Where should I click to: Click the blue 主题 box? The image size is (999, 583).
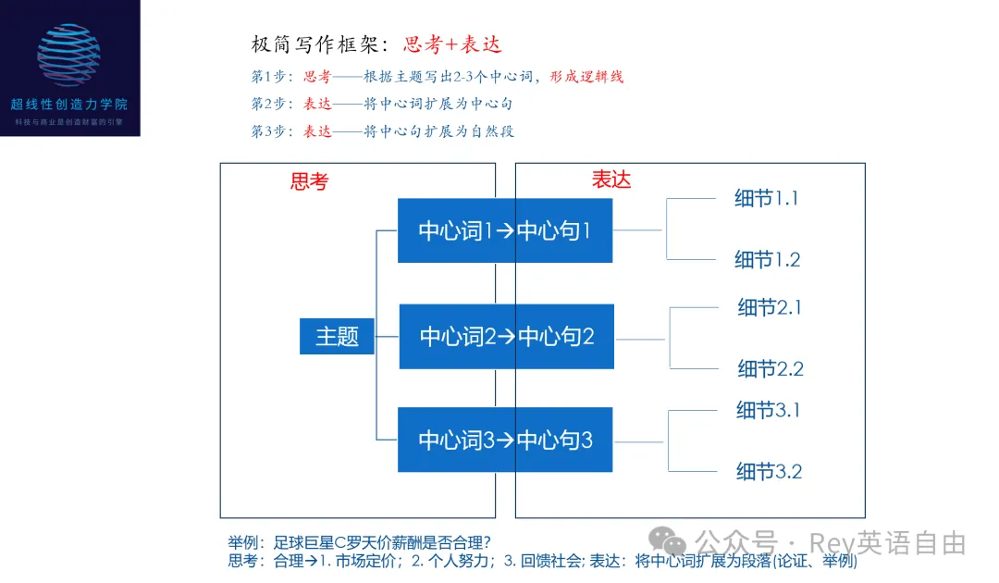(x=337, y=336)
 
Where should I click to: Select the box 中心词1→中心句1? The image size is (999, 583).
(x=505, y=230)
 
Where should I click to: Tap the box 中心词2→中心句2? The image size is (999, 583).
(x=506, y=336)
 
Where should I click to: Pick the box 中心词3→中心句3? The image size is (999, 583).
(x=505, y=440)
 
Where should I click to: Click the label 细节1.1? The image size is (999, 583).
(x=766, y=198)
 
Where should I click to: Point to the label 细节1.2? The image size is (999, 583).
(x=767, y=259)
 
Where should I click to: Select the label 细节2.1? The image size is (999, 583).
(x=769, y=307)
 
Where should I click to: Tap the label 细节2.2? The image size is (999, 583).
(x=770, y=368)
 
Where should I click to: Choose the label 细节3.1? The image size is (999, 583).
(x=768, y=410)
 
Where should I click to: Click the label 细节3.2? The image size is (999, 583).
(x=768, y=471)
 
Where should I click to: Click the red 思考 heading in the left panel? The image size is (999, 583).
(x=309, y=181)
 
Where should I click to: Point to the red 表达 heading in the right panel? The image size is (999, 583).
(x=611, y=180)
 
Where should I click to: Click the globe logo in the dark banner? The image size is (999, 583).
(x=69, y=55)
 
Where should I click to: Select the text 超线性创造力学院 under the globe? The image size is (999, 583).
(x=69, y=105)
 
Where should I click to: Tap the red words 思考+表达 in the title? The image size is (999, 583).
(x=452, y=44)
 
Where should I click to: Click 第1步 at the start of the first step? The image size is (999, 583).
(x=271, y=77)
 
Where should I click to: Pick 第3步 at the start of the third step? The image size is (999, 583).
(x=271, y=130)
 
